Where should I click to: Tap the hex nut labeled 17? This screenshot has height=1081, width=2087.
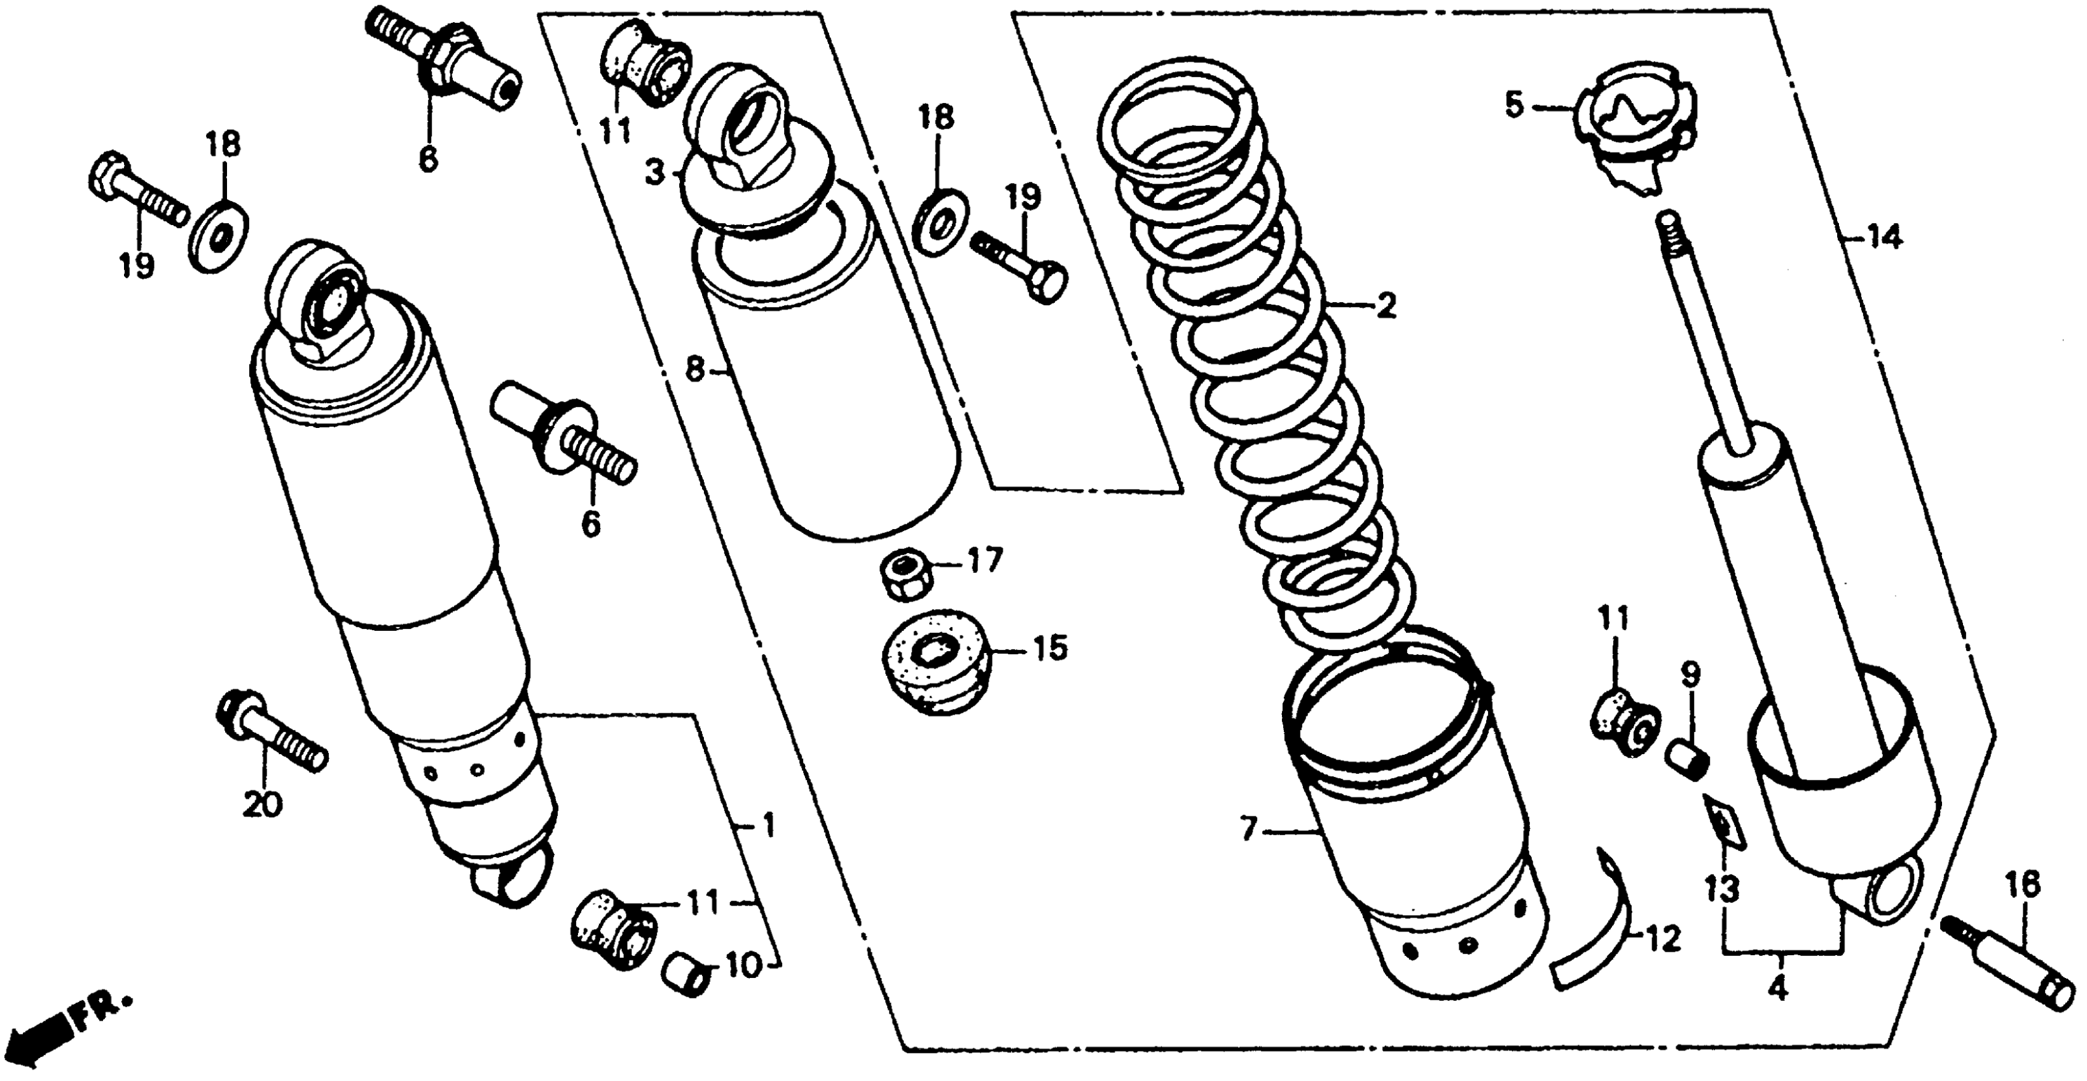click(x=905, y=576)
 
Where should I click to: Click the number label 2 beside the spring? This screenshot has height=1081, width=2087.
click(x=1386, y=306)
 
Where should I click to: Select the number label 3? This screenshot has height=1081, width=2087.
click(x=654, y=172)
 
